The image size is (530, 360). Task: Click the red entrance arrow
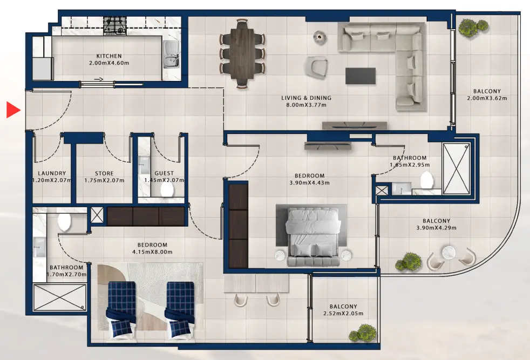click(13, 110)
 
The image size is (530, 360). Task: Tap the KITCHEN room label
click(109, 56)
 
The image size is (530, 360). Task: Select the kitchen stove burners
click(115, 26)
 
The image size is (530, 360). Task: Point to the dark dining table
click(242, 53)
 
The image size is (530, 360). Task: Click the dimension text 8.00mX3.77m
click(306, 105)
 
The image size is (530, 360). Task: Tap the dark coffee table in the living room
click(361, 76)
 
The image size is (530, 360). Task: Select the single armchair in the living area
click(317, 66)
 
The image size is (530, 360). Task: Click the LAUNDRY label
click(52, 173)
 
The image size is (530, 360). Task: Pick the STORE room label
click(104, 173)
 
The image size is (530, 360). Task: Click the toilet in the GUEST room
click(167, 191)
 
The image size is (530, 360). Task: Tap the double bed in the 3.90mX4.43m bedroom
click(313, 237)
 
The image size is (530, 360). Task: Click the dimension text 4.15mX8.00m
click(152, 252)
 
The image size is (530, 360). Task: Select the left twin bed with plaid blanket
click(121, 309)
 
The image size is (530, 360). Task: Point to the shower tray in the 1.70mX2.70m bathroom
click(59, 297)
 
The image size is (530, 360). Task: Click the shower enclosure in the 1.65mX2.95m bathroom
click(456, 169)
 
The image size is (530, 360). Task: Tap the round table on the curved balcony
click(449, 252)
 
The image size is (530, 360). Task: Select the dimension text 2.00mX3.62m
click(487, 98)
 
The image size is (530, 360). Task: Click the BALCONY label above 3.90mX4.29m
click(437, 221)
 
